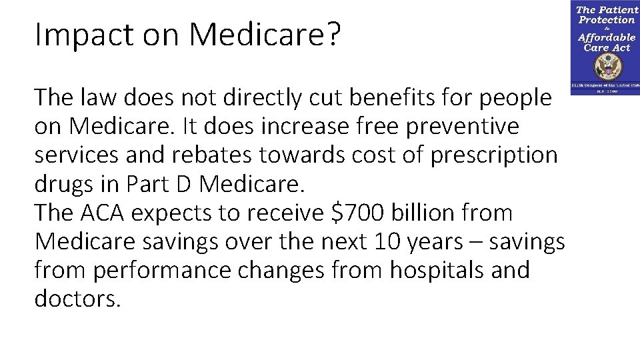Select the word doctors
tap(77, 299)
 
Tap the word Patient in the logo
tap(619, 11)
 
